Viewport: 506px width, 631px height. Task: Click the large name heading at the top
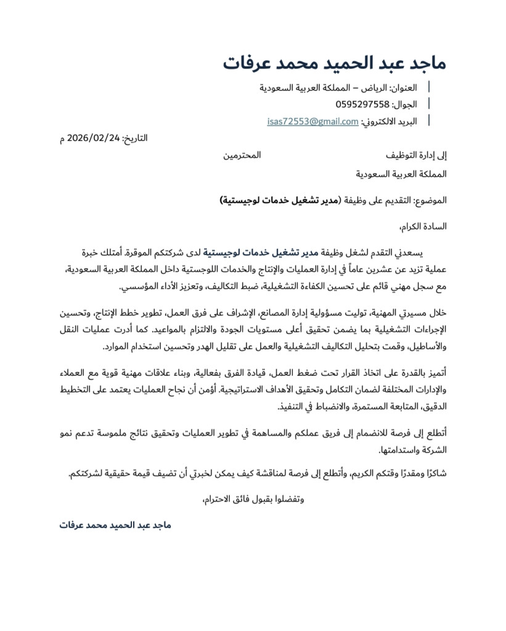(x=334, y=63)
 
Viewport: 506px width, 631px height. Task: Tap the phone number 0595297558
(x=362, y=104)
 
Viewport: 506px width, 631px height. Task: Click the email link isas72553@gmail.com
(x=312, y=121)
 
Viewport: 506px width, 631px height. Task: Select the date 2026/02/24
(x=94, y=138)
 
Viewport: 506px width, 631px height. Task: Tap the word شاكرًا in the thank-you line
(x=433, y=474)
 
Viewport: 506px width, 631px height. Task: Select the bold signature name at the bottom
(x=115, y=526)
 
